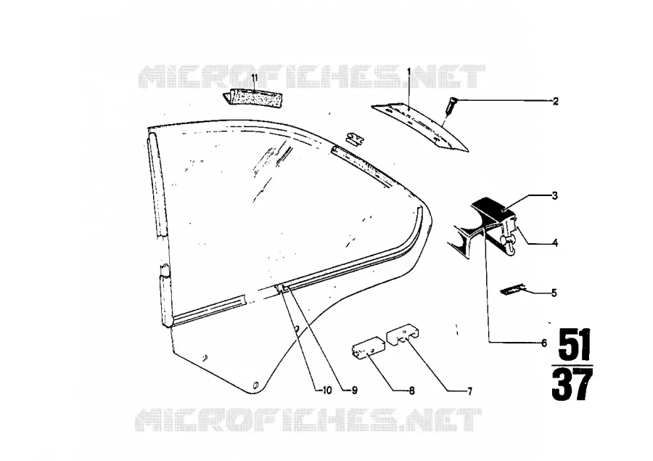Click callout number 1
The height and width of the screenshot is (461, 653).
[x=409, y=72]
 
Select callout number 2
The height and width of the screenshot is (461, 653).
[x=555, y=101]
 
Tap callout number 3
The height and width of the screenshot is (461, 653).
[x=555, y=195]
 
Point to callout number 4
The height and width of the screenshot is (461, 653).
[x=555, y=242]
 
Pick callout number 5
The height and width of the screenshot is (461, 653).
[x=554, y=293]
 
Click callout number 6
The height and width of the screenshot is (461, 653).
[x=544, y=343]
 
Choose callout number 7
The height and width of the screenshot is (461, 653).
[x=469, y=391]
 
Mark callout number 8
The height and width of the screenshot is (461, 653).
[x=411, y=391]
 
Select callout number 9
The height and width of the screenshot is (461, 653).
[x=354, y=391]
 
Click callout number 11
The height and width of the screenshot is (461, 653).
[x=255, y=78]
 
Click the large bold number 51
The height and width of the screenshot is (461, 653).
[x=575, y=345]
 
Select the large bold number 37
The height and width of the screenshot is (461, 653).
[x=572, y=385]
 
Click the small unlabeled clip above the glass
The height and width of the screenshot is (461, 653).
[x=355, y=139]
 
